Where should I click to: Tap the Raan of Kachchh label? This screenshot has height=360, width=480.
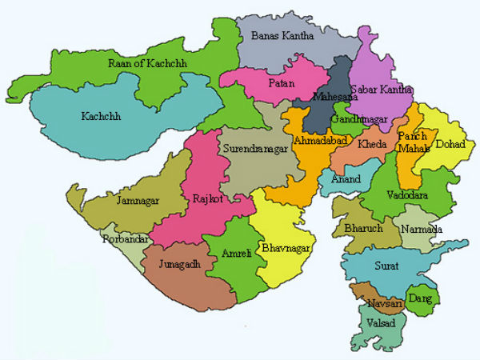145,64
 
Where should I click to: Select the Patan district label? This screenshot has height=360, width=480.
282,83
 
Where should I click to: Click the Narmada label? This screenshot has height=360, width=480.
422,230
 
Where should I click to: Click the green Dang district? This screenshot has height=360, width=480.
422,298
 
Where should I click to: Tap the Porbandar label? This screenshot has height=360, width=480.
122,239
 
